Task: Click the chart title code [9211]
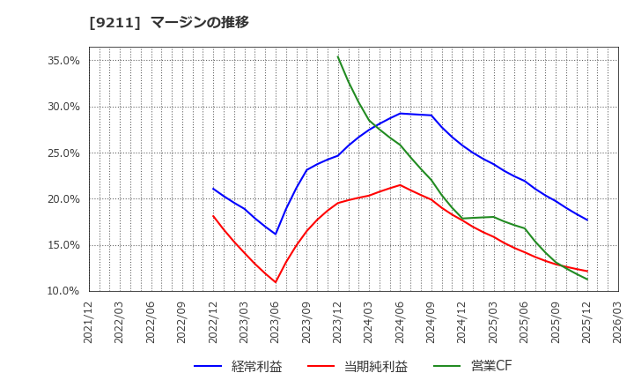point(107,22)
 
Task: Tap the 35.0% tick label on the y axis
point(62,61)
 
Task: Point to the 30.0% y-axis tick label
point(62,107)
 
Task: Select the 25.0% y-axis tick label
point(62,153)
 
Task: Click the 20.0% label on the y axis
point(62,199)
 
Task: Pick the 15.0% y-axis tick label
point(62,245)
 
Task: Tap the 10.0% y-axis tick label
point(62,291)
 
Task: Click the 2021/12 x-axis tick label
point(89,322)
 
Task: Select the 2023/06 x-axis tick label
point(276,322)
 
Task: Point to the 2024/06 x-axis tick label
point(400,322)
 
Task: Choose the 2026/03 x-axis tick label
point(618,322)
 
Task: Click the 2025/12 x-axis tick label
point(586,322)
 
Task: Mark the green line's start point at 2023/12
point(337,56)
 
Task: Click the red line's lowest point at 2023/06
point(276,282)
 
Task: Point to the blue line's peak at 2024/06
point(400,113)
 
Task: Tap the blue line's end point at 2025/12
point(586,220)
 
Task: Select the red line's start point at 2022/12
point(213,216)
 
